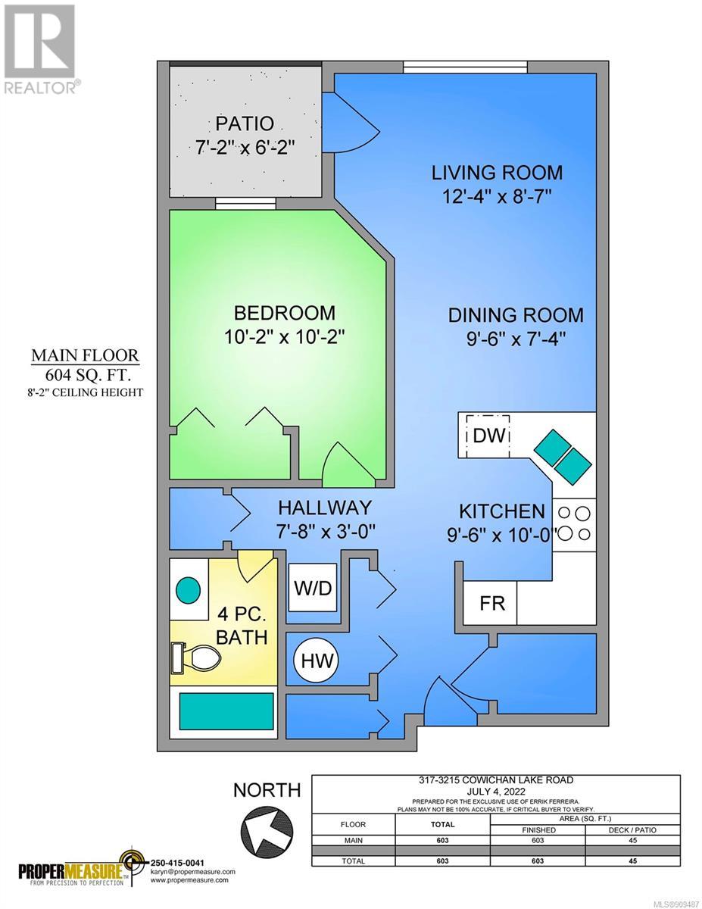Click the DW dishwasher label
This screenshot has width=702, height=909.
point(488,436)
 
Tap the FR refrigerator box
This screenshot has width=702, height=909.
point(490,603)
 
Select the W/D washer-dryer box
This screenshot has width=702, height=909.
point(313,587)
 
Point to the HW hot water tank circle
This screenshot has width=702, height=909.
point(318,661)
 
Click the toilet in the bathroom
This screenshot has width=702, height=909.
point(195,658)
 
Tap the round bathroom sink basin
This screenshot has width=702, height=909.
point(188,590)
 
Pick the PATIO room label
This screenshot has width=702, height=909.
point(245,123)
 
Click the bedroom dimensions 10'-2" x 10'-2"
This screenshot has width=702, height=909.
point(284,337)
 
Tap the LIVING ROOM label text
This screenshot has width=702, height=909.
point(497,173)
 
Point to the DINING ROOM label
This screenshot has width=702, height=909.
point(516,315)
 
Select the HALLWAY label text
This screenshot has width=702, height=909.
point(325,508)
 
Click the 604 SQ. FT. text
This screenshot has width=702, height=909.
point(88,375)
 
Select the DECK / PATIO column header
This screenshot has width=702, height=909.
point(632,830)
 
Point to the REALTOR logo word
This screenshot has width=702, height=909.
point(40,88)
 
